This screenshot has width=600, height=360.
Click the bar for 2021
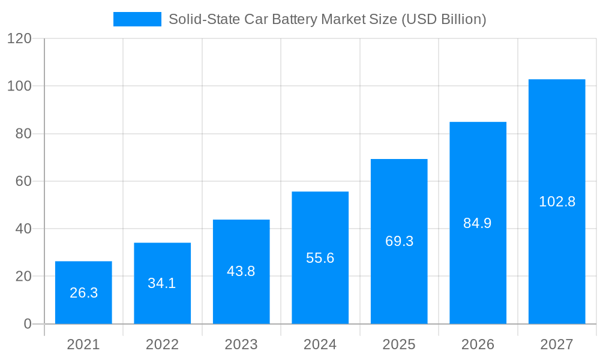click(83, 292)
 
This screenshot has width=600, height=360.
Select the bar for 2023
click(241, 271)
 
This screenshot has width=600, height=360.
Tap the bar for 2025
click(399, 241)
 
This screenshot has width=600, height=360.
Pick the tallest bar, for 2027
click(557, 201)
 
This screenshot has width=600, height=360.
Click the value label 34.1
click(162, 283)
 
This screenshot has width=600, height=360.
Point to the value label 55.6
click(320, 258)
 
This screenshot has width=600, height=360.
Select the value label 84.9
click(478, 223)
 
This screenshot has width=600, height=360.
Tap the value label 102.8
click(557, 202)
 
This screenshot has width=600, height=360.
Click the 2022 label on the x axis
click(162, 344)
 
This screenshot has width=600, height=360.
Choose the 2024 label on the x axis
click(320, 344)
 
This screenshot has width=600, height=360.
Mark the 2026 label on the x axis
click(478, 344)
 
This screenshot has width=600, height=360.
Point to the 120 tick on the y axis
click(19, 39)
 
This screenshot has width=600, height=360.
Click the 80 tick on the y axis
click(23, 134)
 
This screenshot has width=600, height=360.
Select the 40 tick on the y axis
click(23, 229)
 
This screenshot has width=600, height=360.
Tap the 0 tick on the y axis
click(27, 324)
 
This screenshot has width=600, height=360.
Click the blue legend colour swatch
click(137, 19)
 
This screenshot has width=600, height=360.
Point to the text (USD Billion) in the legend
click(443, 19)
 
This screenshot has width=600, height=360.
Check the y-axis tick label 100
click(19, 86)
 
